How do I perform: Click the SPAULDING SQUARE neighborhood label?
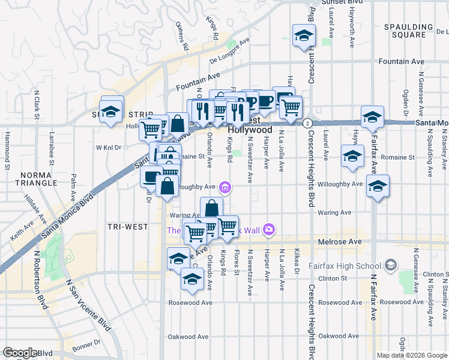click(x=413, y=31)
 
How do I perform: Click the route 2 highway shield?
click(x=307, y=123)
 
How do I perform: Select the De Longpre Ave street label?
click(x=229, y=52)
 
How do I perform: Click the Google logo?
click(x=20, y=353)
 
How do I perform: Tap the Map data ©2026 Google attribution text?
click(x=411, y=355)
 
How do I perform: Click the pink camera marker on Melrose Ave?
click(x=270, y=229)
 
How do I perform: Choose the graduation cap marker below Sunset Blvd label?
click(x=304, y=37)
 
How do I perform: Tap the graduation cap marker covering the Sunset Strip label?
click(x=111, y=111)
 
